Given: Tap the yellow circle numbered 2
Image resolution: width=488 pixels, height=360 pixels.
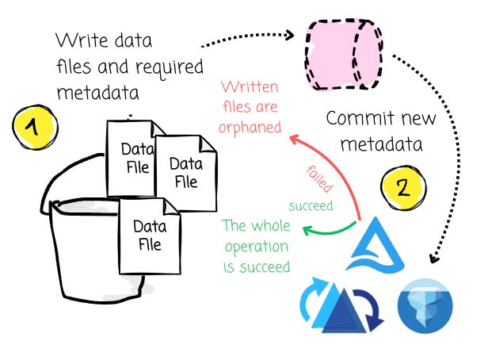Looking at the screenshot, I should tap(401, 188).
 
